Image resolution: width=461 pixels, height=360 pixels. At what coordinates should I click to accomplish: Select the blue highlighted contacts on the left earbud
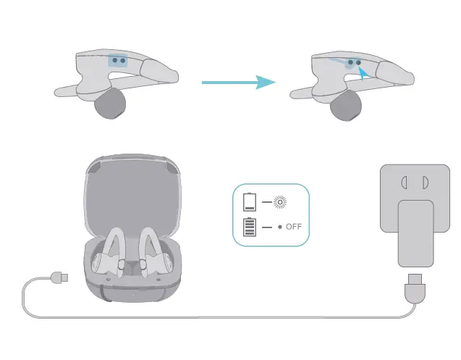tap(118, 62)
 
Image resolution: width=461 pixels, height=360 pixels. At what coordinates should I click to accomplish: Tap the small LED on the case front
tap(133, 294)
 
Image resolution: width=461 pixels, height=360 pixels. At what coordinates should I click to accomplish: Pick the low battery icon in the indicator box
tap(250, 202)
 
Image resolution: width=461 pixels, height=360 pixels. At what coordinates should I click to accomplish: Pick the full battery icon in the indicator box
tap(250, 227)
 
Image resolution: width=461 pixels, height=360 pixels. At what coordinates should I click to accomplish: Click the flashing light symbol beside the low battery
tap(279, 202)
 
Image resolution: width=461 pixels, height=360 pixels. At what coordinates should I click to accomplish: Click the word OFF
tap(293, 227)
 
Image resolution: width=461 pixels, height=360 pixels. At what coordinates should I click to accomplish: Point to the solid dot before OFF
tap(279, 227)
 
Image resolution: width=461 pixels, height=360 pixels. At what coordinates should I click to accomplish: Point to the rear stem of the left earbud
tap(72, 91)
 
